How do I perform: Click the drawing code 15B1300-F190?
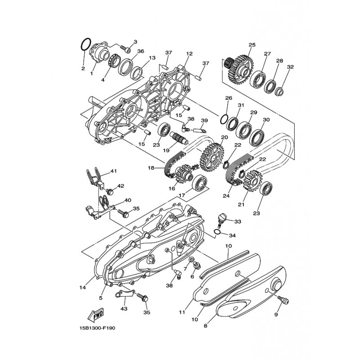click(x=98, y=328)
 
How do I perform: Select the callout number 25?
click(x=252, y=45)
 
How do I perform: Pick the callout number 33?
click(x=238, y=222)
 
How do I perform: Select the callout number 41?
click(x=114, y=171)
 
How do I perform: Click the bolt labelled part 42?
click(x=110, y=192)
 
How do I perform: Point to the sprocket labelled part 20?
click(x=212, y=157)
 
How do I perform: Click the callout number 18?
click(x=151, y=168)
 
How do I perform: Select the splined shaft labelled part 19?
click(x=180, y=138)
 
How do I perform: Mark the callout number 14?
click(x=83, y=288)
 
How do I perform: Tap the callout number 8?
click(x=206, y=326)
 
